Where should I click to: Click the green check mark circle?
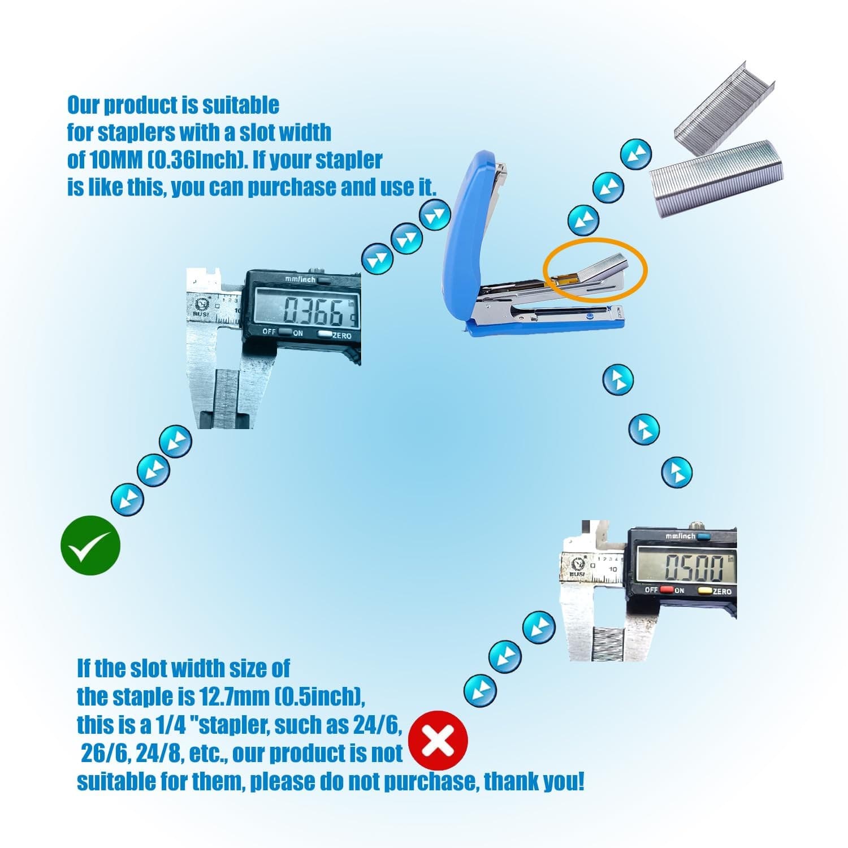point(90,546)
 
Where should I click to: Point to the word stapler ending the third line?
point(349,160)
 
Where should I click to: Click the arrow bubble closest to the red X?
point(480,690)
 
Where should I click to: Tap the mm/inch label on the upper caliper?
point(301,279)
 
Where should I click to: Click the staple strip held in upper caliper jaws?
point(227,396)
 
